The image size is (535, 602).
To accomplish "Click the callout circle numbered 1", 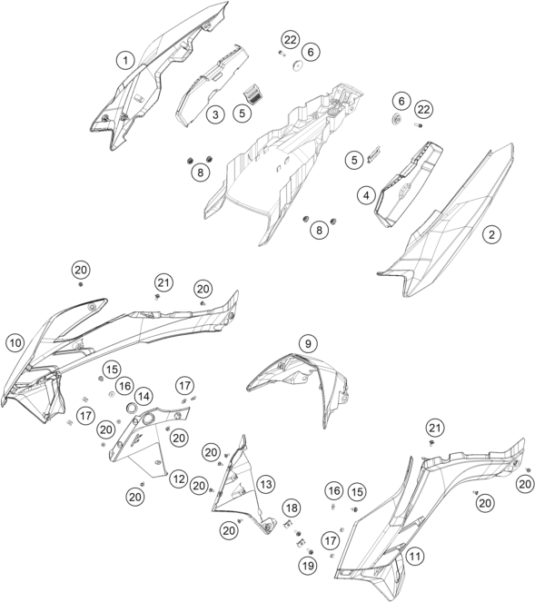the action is coord(125,61).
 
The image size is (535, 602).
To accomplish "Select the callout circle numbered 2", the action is coord(492,234).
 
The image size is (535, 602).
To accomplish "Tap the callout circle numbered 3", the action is coord(215,114).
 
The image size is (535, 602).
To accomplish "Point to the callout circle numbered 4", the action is coord(366,195).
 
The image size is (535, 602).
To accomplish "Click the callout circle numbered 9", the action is coord(308,343).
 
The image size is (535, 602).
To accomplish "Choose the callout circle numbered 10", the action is coord(15,343).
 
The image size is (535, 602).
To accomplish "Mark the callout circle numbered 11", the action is coord(415,556).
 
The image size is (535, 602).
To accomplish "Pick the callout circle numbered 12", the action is coord(179,479).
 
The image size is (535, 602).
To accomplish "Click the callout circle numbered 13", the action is coord(266,484).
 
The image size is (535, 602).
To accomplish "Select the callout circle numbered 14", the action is coord(144,396).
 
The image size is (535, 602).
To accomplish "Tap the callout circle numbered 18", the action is coord(292,508).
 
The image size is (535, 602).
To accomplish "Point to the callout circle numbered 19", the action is coord(308,565).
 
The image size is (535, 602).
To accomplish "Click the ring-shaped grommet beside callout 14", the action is coord(133,408).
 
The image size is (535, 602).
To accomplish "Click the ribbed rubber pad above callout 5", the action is coord(251,94).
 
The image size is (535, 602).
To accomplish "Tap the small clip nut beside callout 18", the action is coord(287,524).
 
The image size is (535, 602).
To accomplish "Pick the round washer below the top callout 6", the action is coord(297,66).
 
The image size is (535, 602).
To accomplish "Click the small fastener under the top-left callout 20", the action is coord(81,284).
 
